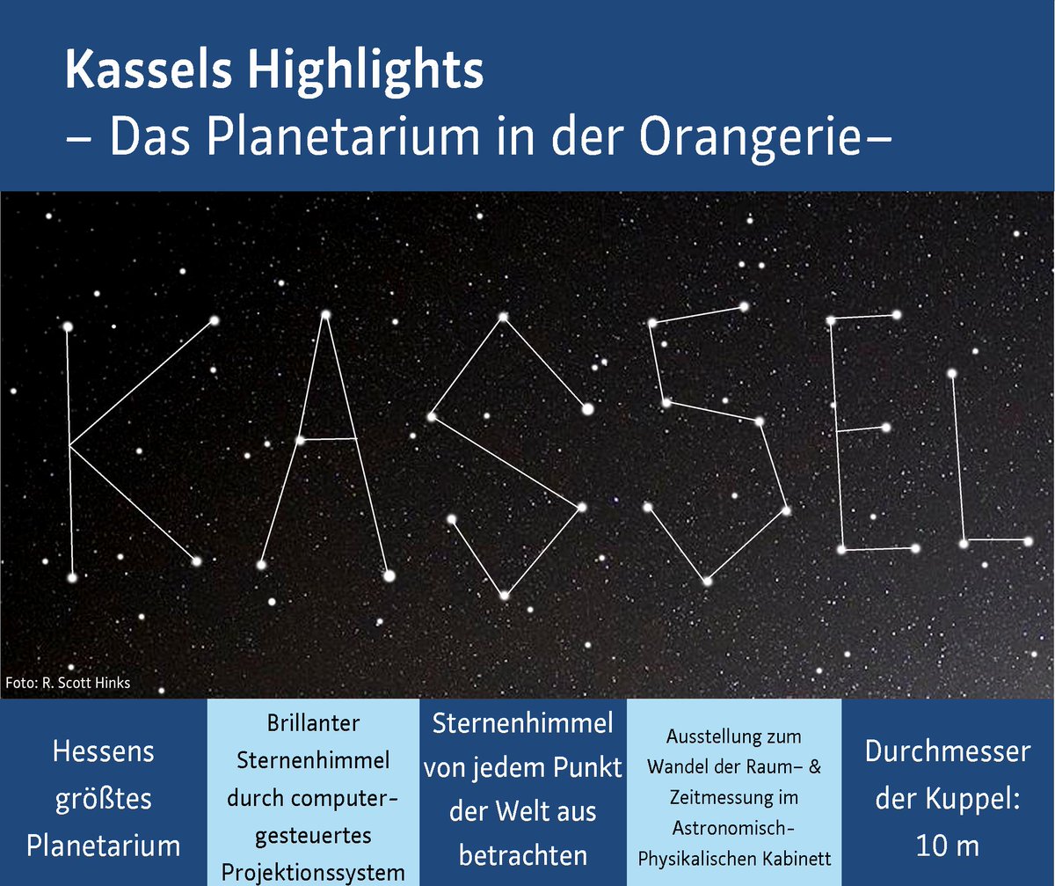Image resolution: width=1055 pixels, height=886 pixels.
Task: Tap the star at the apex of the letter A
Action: click(326, 314)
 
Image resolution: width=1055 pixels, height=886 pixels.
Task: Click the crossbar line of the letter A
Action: click(328, 438)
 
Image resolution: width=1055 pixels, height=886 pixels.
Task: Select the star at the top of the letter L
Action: click(952, 374)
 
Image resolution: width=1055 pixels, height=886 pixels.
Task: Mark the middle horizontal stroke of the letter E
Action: click(862, 430)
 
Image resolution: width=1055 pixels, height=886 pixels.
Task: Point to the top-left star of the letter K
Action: click(68, 326)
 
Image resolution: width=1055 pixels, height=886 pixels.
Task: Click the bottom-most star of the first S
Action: click(505, 596)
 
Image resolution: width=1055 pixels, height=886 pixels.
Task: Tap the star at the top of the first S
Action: click(503, 317)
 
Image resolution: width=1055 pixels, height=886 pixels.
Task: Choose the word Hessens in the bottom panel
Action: click(103, 752)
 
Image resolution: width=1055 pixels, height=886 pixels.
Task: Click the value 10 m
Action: click(947, 846)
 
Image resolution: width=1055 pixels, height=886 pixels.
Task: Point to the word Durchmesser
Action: click(947, 752)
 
